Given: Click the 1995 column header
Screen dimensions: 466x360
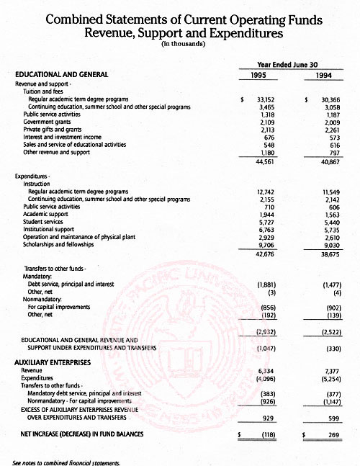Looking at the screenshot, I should click(x=263, y=74).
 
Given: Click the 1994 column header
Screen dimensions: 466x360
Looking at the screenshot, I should click(x=328, y=74).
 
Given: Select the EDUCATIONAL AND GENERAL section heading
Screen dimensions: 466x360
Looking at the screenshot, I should click(x=62, y=74).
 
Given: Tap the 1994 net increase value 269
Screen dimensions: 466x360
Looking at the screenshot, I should click(x=333, y=435).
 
